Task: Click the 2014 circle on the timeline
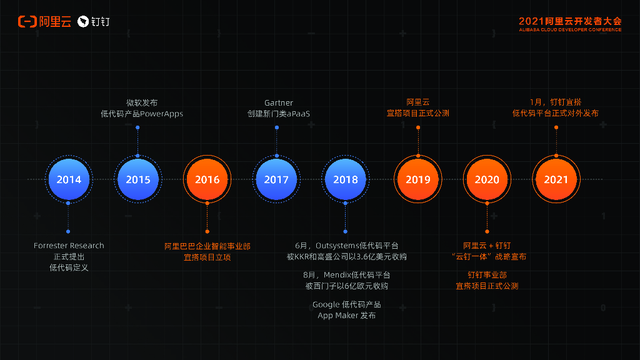click(69, 180)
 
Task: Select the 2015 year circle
click(138, 180)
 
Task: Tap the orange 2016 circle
click(207, 180)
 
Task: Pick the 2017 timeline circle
click(276, 180)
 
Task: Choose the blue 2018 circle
click(346, 180)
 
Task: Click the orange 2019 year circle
click(418, 180)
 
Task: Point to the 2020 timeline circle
click(487, 180)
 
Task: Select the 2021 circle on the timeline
click(556, 180)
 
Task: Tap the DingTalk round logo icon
click(83, 22)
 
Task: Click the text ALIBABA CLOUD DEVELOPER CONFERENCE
click(570, 29)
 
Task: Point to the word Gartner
click(279, 102)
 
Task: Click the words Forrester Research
click(69, 246)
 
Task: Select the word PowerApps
click(162, 114)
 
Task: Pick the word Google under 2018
click(326, 304)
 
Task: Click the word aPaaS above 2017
click(298, 114)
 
